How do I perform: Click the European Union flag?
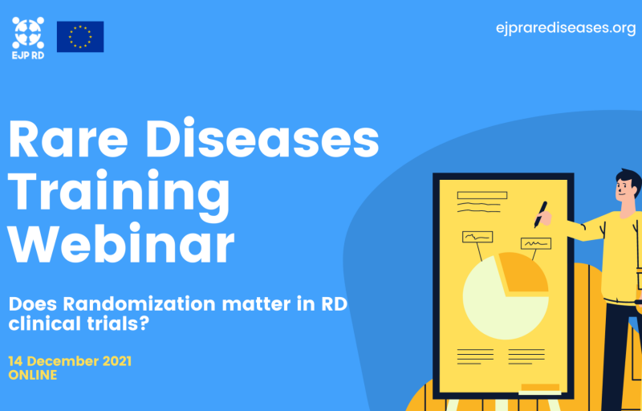pyautogui.click(x=80, y=37)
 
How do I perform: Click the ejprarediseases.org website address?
pyautogui.click(x=566, y=29)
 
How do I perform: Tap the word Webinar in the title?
pyautogui.click(x=122, y=243)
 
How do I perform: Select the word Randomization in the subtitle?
pyautogui.click(x=139, y=304)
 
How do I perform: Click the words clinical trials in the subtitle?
pyautogui.click(x=77, y=324)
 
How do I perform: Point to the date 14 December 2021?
pyautogui.click(x=70, y=361)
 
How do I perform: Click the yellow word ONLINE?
pyautogui.click(x=33, y=375)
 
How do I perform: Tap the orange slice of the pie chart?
pyautogui.click(x=522, y=273)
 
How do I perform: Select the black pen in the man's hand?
pyautogui.click(x=540, y=214)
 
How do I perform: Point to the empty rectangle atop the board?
pyautogui.click(x=482, y=195)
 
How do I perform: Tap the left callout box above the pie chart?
pyautogui.click(x=477, y=237)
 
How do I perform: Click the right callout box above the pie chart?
pyautogui.click(x=535, y=243)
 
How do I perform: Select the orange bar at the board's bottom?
pyautogui.click(x=540, y=387)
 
